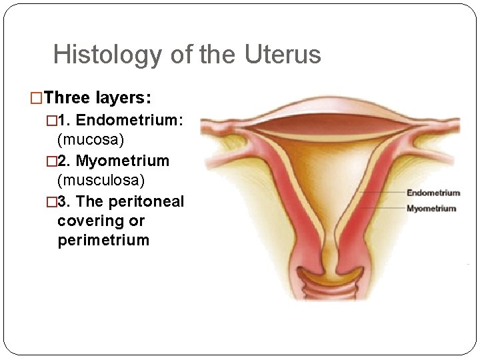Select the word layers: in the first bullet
[x=125, y=99]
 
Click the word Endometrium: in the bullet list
[x=130, y=121]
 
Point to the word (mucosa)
[x=91, y=141]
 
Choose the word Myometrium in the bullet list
[x=123, y=161]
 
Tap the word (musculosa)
[x=101, y=181]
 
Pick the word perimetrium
[x=103, y=240]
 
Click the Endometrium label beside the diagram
[x=433, y=193]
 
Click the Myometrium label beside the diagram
[x=431, y=209]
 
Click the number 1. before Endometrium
[x=64, y=121]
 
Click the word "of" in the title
[x=181, y=55]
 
